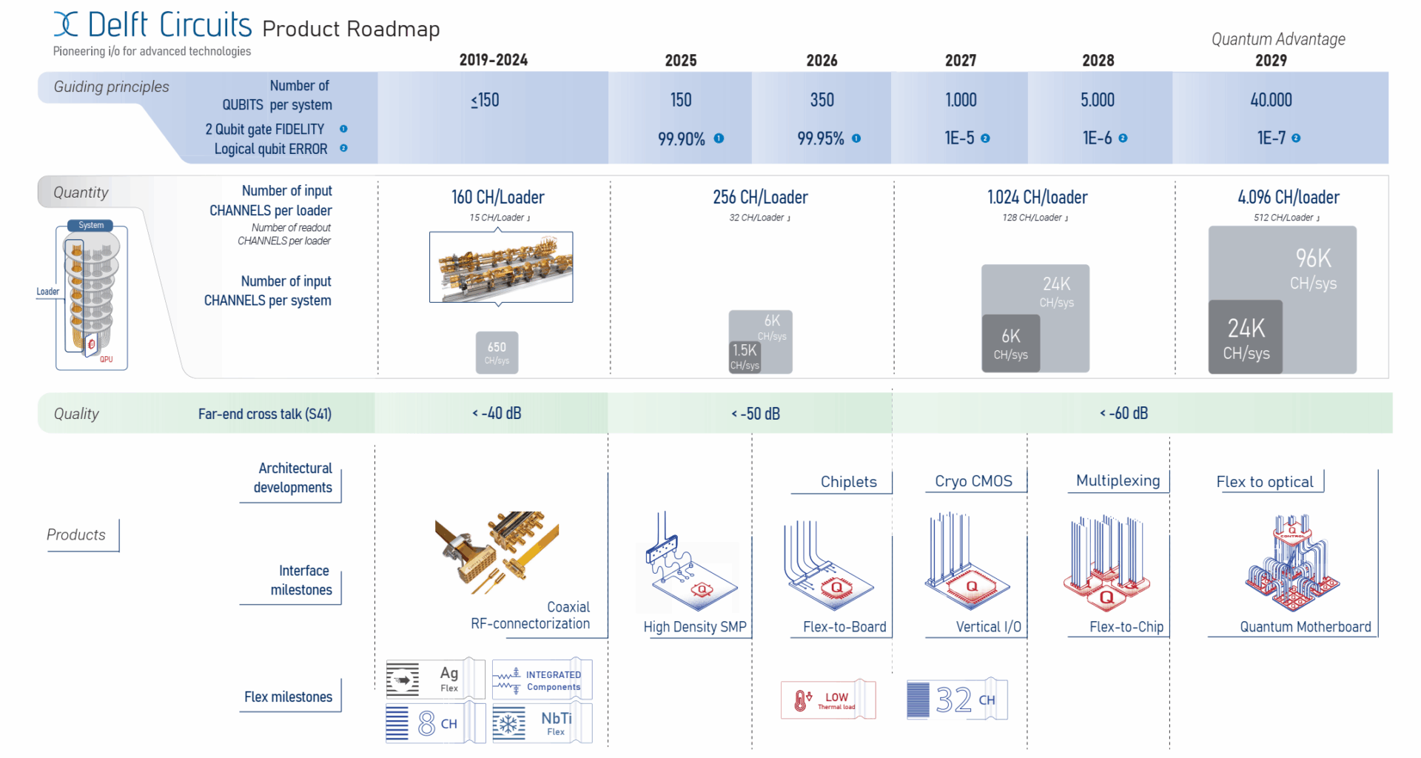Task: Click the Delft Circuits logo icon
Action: [x=66, y=24]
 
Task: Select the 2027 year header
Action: [x=960, y=61]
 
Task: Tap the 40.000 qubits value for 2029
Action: [x=1271, y=100]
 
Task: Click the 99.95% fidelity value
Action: [x=821, y=138]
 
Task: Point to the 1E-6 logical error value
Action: [x=1097, y=138]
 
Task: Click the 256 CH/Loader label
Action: [x=760, y=198]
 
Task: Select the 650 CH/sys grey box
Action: [x=497, y=352]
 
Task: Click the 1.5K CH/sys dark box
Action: [x=745, y=356]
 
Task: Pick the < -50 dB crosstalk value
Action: [x=756, y=414]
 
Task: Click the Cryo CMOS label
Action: [x=973, y=481]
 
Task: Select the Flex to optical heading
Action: [x=1265, y=482]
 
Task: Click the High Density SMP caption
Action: [x=695, y=627]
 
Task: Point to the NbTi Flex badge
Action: [x=542, y=722]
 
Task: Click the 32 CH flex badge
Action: [x=957, y=700]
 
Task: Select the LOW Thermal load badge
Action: [x=827, y=700]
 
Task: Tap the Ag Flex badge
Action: [x=435, y=679]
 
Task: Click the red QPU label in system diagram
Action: [x=107, y=360]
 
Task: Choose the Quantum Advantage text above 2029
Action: [x=1278, y=39]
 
